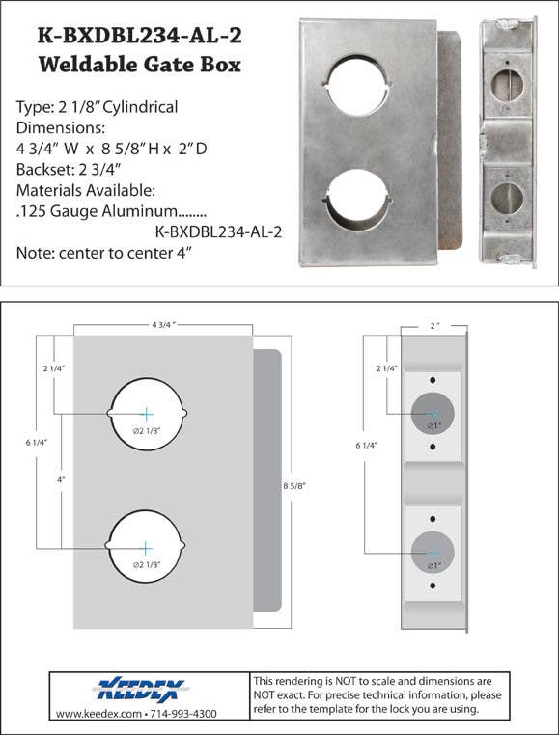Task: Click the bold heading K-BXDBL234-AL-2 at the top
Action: tap(139, 36)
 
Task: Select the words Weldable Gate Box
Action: tap(139, 66)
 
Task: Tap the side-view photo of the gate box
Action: tap(508, 142)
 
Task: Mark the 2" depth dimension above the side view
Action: tap(434, 326)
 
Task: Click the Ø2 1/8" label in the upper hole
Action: tap(147, 431)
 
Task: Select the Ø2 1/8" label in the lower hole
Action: tap(147, 564)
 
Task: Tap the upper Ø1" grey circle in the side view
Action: tap(433, 414)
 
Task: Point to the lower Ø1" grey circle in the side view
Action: tap(433, 552)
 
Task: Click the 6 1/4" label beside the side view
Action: tap(366, 446)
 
